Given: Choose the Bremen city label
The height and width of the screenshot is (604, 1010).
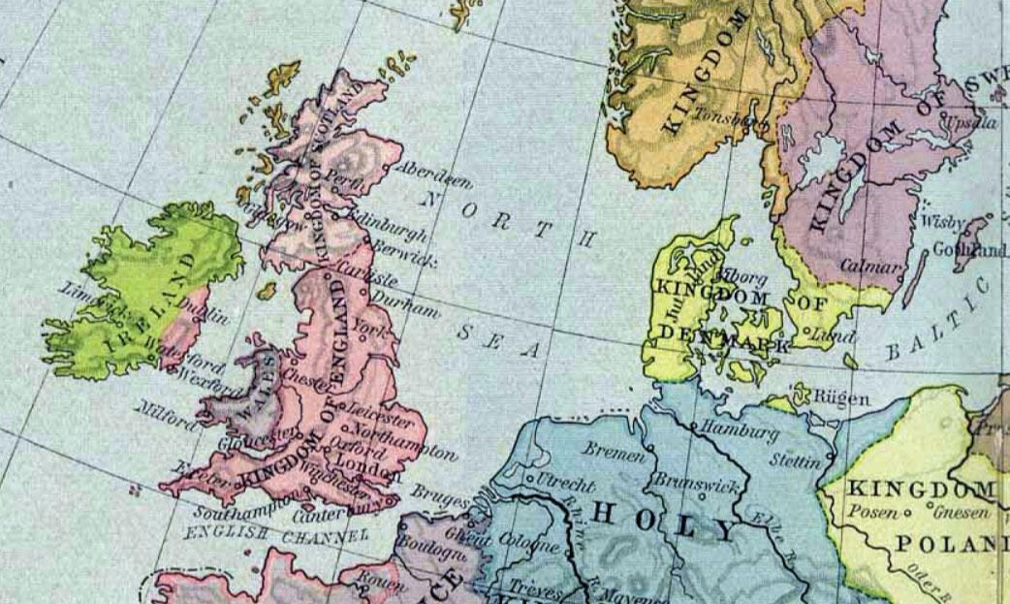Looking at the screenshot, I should [615, 453].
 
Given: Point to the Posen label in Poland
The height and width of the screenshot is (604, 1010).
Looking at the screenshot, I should [869, 511].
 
